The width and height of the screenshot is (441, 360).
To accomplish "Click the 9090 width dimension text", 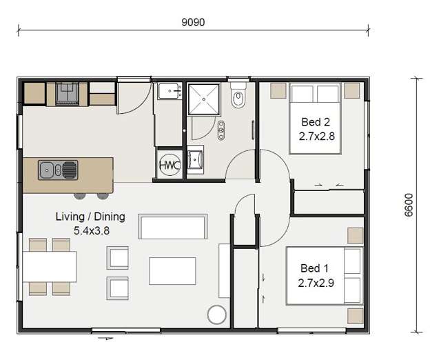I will coord(193,21).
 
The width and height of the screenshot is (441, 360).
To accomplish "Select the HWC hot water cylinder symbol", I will coord(169,166).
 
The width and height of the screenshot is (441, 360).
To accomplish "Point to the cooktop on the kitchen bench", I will coord(68,93).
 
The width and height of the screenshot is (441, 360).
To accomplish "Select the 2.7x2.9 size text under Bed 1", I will coord(316,281).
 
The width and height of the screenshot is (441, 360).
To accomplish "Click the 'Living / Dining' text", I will coord(90,217).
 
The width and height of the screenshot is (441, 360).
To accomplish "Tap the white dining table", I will coord(49,266).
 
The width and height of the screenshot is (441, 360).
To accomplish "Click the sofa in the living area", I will coord(173,226).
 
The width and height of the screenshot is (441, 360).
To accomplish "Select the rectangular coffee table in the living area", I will coord(172,270).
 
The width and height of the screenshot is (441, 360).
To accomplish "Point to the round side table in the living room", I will coord(217,314).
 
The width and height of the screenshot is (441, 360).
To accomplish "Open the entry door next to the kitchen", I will coord(134,97).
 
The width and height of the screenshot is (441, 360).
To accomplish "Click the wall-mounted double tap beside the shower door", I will coord(220,130).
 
